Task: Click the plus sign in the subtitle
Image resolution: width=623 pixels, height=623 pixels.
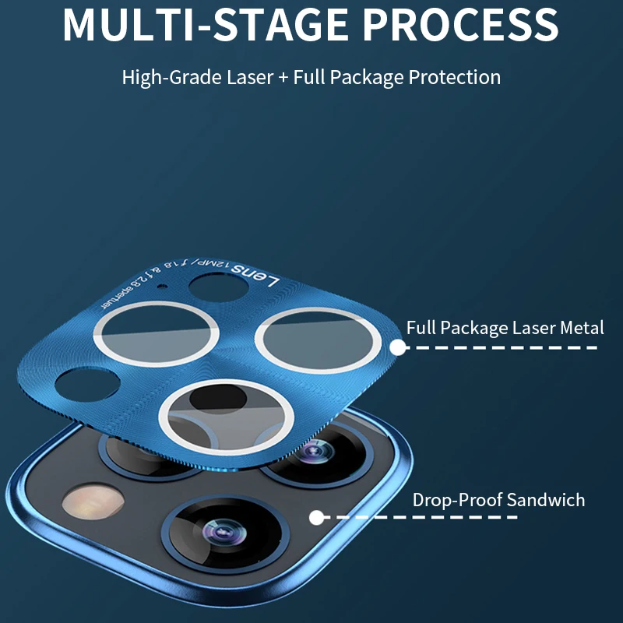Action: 282,78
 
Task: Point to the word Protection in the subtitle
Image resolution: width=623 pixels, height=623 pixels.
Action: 455,78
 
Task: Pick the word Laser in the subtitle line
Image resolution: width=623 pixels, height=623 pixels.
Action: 248,78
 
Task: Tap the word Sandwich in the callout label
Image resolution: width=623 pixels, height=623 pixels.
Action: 546,500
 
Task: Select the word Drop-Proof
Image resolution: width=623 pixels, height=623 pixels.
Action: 457,500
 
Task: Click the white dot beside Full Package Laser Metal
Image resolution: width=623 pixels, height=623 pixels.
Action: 398,347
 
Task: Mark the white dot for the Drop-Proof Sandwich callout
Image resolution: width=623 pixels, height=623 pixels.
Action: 316,517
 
